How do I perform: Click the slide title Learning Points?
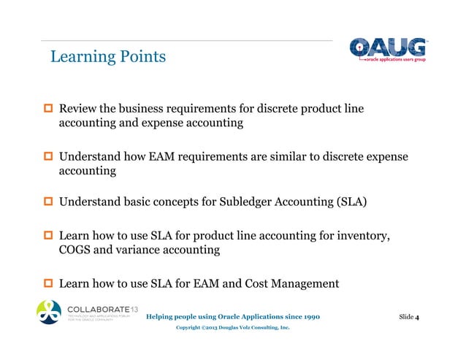[x=107, y=57]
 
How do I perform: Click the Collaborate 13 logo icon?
[x=50, y=312]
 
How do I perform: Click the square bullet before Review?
[x=49, y=110]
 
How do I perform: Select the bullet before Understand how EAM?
[x=49, y=157]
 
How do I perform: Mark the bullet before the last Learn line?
[x=49, y=283]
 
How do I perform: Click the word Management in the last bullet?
[x=313, y=283]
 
